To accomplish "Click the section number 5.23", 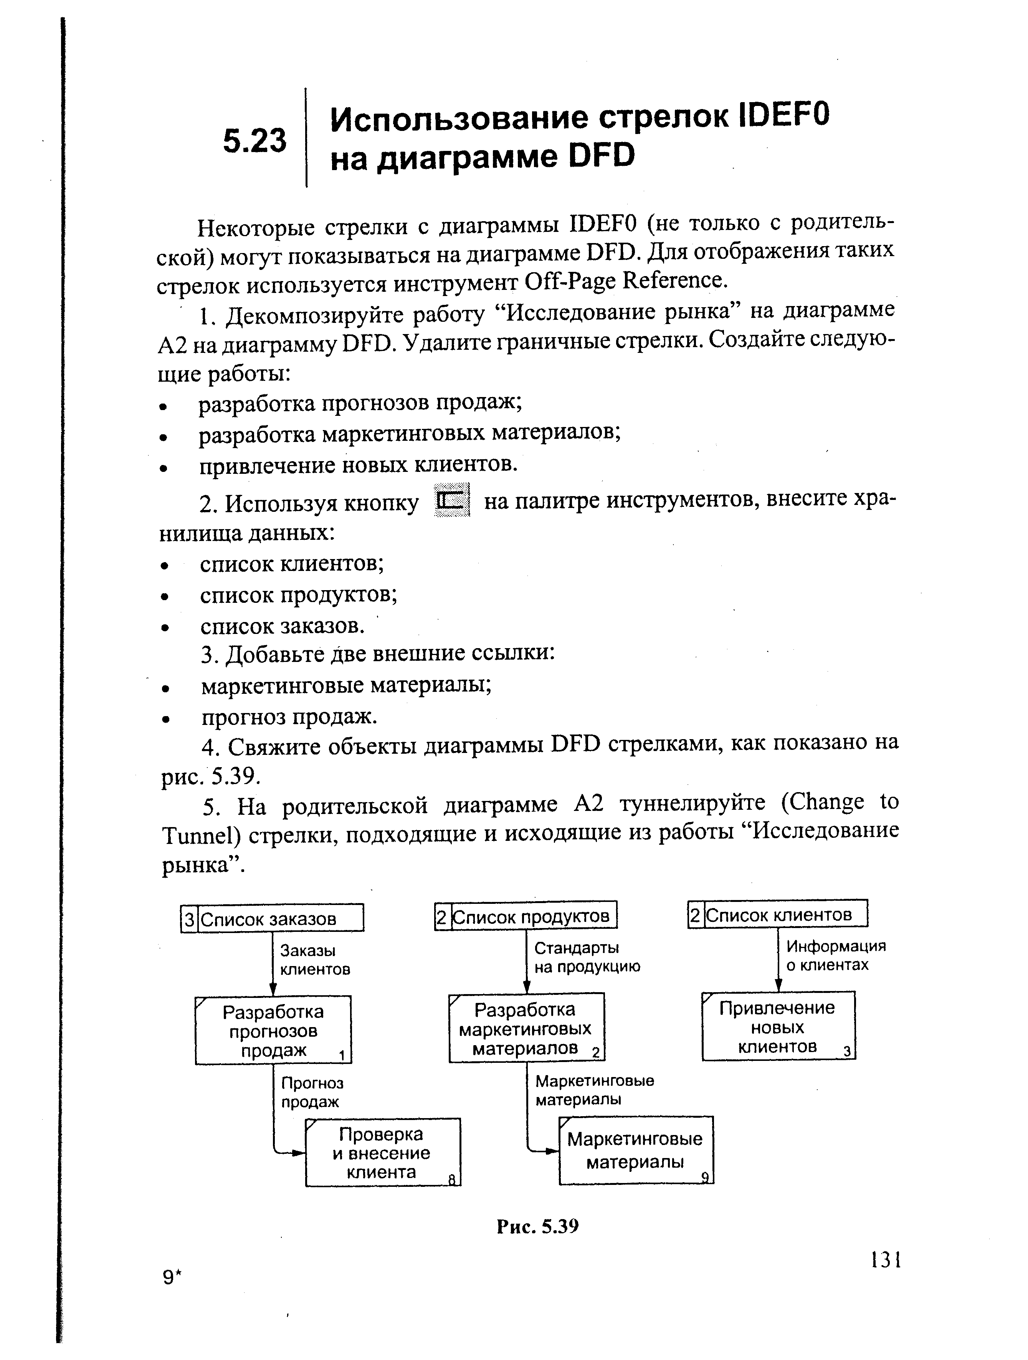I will tap(255, 141).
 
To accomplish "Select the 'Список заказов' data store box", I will tap(273, 918).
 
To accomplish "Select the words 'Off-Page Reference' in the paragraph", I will tap(626, 281).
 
